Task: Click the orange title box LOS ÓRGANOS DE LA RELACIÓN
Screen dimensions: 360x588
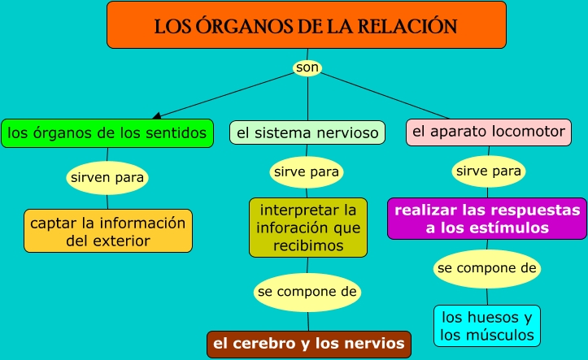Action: [x=306, y=24]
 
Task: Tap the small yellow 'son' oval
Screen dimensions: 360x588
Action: [x=307, y=68]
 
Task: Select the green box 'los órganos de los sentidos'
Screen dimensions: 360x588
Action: [x=107, y=132]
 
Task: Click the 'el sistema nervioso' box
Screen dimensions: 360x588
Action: [x=307, y=132]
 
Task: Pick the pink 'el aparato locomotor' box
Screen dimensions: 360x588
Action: [x=488, y=132]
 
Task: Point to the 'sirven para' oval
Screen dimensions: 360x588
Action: [x=108, y=176]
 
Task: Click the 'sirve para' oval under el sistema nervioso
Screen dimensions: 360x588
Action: [x=307, y=172]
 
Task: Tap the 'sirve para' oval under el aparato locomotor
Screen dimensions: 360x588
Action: [x=488, y=172]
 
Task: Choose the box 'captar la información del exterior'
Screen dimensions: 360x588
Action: [x=108, y=231]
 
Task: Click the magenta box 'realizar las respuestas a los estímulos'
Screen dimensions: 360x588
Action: [x=487, y=219]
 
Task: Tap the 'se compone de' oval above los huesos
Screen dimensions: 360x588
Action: [x=487, y=268]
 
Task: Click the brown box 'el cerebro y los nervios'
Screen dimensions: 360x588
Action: [x=308, y=344]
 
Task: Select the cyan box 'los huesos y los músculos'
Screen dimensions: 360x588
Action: [x=487, y=326]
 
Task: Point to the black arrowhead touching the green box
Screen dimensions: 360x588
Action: [x=156, y=115]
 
